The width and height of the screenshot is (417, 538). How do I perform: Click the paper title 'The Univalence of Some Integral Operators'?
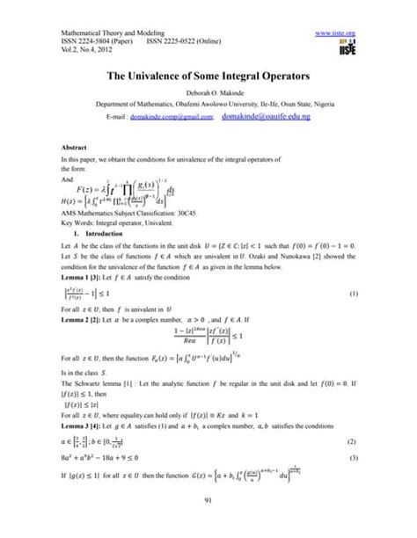pos(208,77)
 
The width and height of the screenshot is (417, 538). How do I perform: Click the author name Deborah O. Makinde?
pos(208,95)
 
